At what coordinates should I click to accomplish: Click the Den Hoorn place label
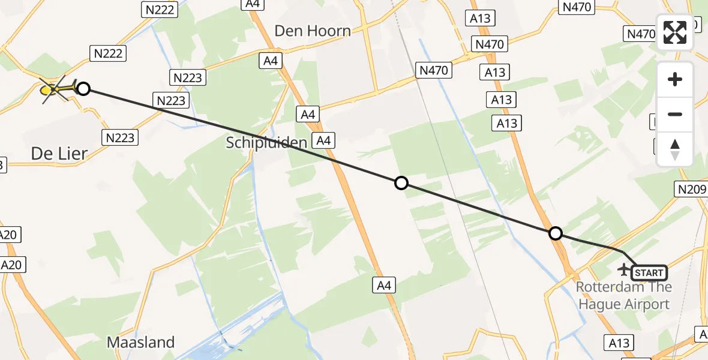click(313, 31)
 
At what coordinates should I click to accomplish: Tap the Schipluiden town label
click(267, 142)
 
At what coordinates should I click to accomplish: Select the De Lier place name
click(59, 154)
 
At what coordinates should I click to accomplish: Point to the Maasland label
click(141, 343)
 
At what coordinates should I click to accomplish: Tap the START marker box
click(649, 273)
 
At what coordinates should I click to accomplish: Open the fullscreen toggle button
click(675, 32)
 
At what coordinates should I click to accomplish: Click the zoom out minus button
click(675, 114)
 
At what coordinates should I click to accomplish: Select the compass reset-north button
click(675, 149)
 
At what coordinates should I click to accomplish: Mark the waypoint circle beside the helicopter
click(83, 89)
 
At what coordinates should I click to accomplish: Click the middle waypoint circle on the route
click(401, 183)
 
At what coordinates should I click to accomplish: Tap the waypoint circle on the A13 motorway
click(556, 233)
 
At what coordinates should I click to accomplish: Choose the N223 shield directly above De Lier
click(120, 137)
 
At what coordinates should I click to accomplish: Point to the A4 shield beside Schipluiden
click(323, 140)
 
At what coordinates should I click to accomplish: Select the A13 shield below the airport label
click(619, 343)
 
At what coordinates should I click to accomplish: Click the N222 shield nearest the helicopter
click(109, 53)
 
